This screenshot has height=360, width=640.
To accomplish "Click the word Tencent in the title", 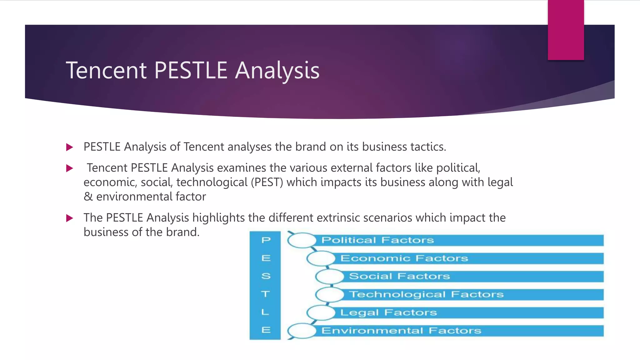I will coord(106,71).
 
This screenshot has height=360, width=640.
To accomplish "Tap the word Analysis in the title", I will coord(277,71).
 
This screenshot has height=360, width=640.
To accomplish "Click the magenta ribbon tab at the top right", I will coord(566,30).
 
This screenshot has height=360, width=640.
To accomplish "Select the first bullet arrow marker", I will coord(70,147).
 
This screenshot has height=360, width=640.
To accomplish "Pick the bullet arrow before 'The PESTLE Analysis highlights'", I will coord(70,218).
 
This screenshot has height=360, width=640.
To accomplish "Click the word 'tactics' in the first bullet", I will coord(428,147).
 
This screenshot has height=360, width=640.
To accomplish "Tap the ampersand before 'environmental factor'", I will coord(88,197).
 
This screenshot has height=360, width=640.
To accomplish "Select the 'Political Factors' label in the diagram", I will coord(377,240).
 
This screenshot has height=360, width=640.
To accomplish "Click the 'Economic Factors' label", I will coord(404,258).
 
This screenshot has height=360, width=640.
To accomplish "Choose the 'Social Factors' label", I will coord(399,276).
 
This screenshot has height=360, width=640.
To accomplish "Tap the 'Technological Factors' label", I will coord(426,294).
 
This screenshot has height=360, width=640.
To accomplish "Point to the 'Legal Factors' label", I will coord(388,312).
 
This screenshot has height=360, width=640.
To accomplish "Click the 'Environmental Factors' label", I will coord(401,331).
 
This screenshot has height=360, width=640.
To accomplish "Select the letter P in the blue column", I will coord(266,240).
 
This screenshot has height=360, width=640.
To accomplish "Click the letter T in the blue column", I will coord(266,294).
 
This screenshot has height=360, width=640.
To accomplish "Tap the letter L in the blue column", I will coord(265,312).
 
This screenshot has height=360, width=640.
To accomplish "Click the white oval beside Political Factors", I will coord(302,240).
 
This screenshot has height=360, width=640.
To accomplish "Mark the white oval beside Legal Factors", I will coord(321,312).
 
